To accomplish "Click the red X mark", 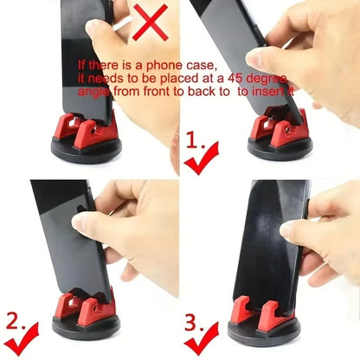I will pyautogui.click(x=149, y=23).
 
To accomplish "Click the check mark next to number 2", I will pyautogui.click(x=26, y=335).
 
